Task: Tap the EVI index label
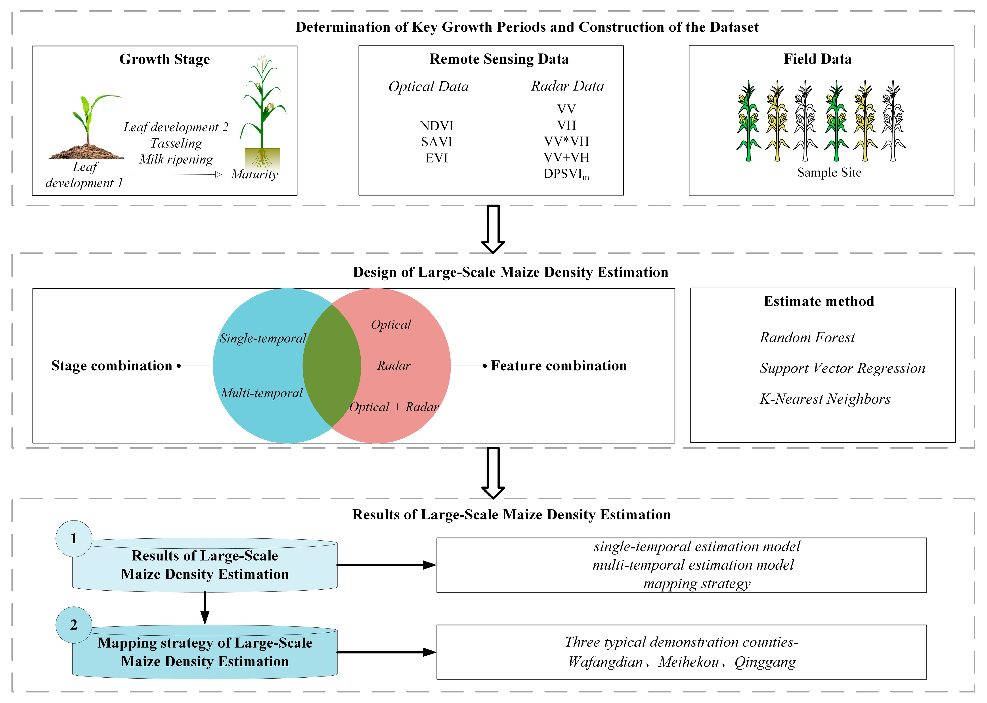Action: pos(436,158)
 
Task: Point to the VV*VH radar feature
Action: pos(566,141)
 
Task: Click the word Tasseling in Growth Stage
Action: pos(176,143)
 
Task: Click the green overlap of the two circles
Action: pos(331,366)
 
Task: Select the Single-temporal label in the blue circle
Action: pos(263,338)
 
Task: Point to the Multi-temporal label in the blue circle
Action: pos(262,393)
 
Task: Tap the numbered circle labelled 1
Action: pos(74,538)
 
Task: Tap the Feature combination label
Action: pos(559,366)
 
